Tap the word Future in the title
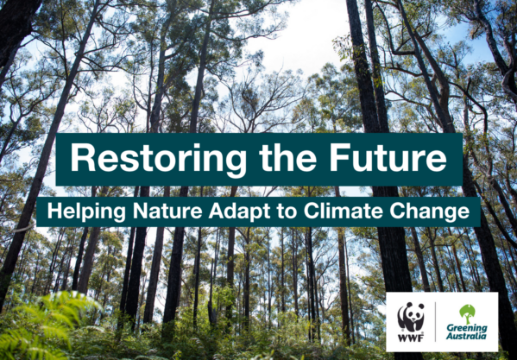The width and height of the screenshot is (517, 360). [388, 157]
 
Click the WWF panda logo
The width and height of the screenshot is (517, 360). [411, 317]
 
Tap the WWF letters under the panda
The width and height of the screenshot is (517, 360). [411, 338]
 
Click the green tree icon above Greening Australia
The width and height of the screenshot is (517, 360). [467, 314]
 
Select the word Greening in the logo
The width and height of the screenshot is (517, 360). [467, 329]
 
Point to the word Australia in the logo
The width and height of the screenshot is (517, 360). [466, 336]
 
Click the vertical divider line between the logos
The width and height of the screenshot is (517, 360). [435, 322]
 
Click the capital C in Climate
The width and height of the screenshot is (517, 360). [312, 212]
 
